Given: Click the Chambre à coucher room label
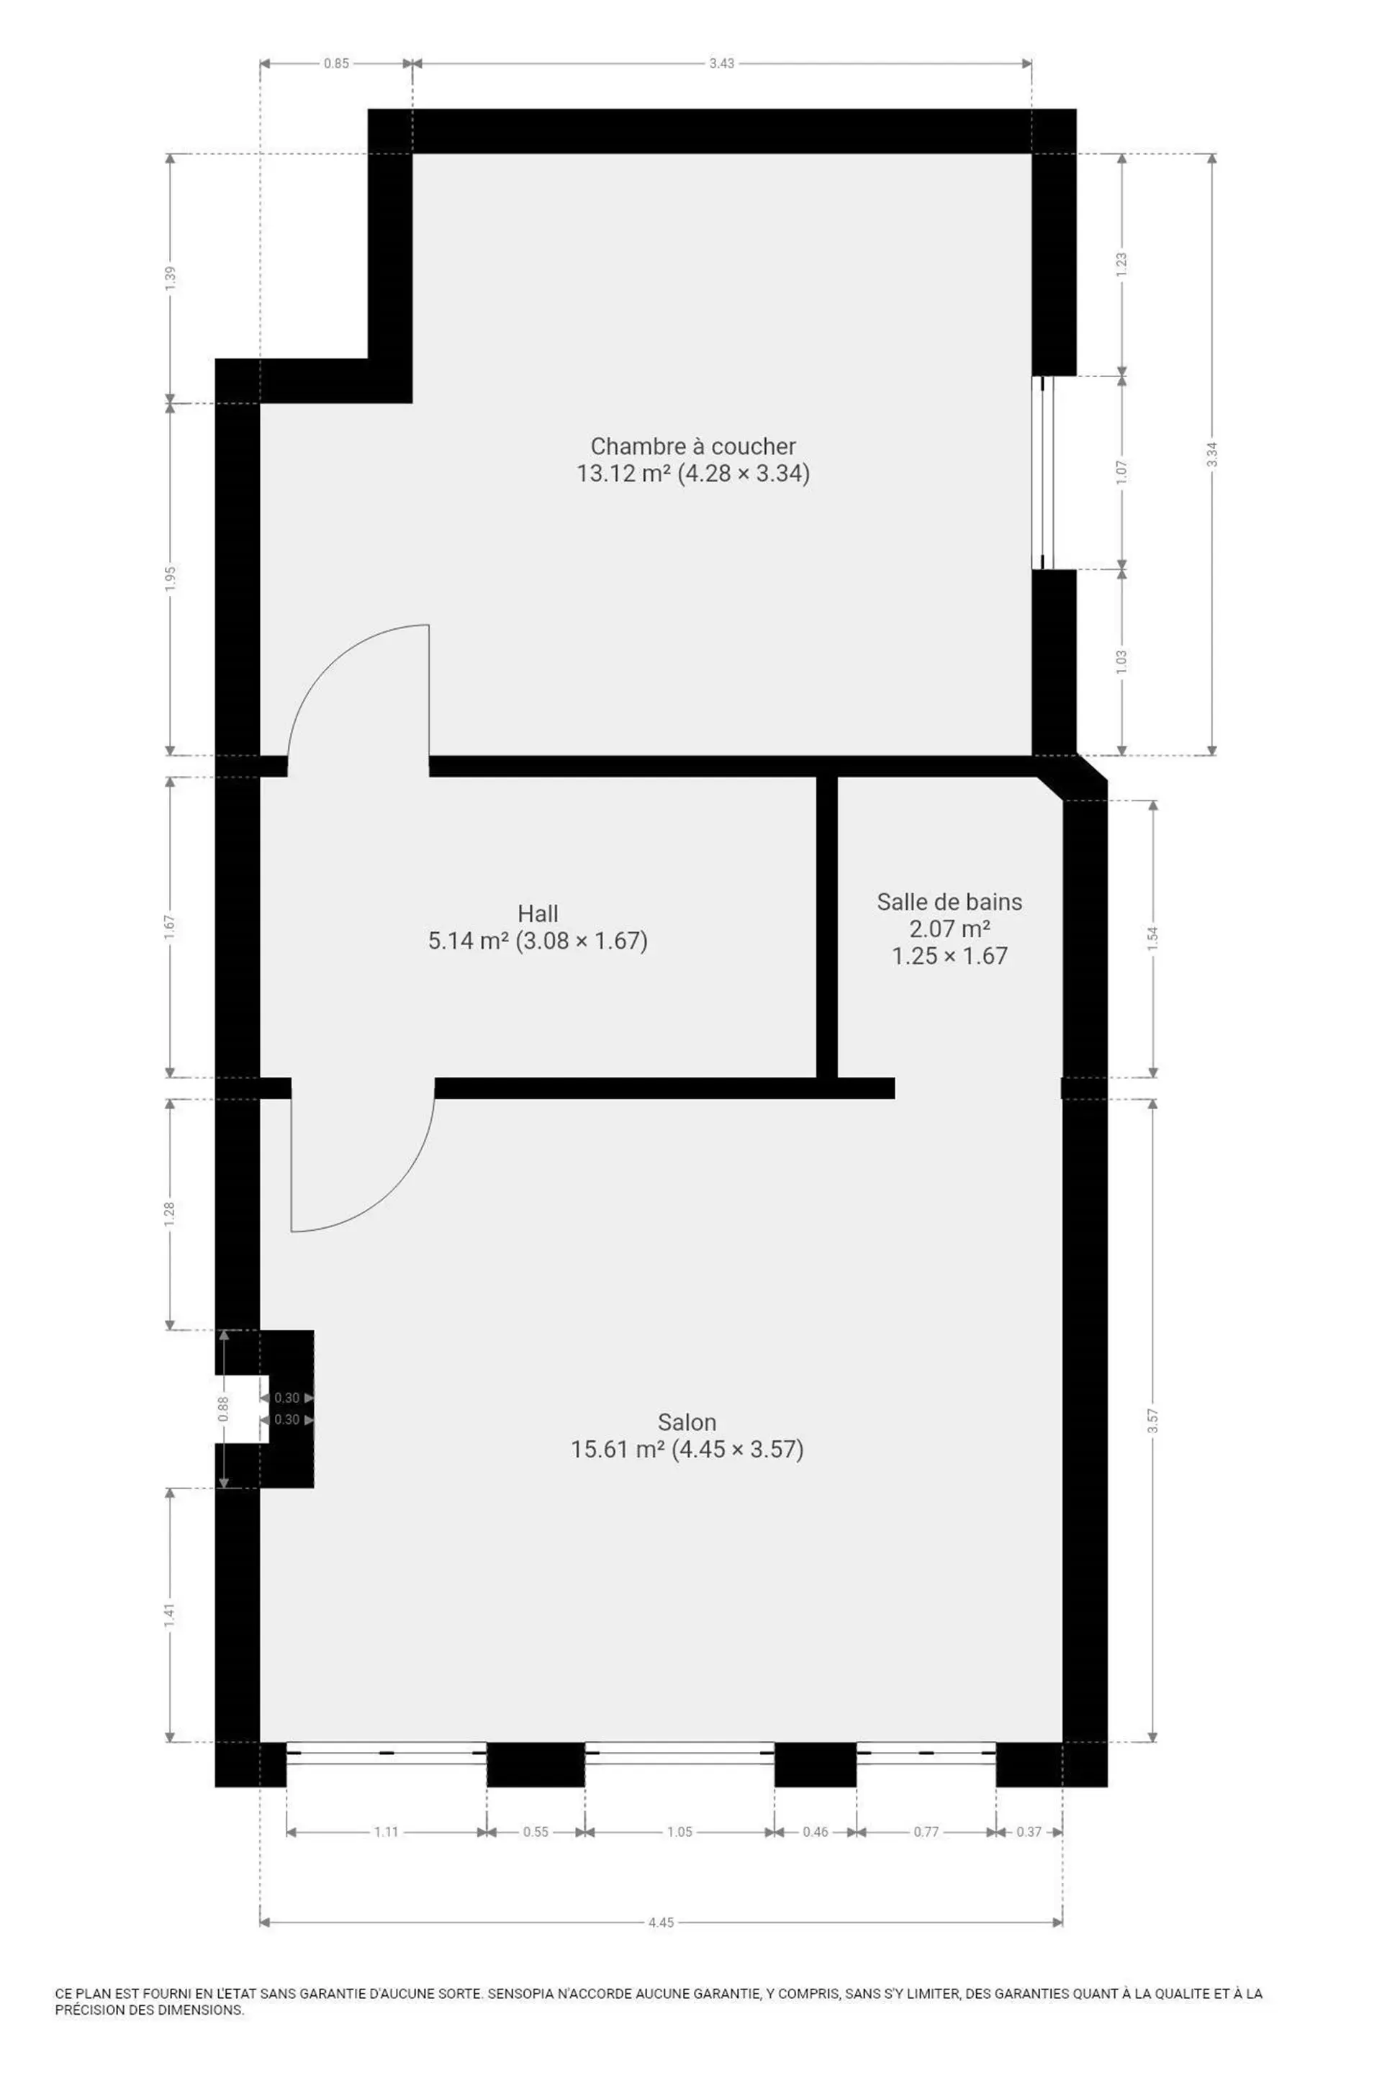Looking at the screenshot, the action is pos(692,446).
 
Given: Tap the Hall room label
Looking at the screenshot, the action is pos(538,913).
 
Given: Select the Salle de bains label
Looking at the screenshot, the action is pos(949,902).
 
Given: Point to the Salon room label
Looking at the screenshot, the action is pos(687,1422).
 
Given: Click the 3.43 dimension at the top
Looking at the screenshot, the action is pos(722,63).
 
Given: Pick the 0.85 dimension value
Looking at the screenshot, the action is pos(336,63).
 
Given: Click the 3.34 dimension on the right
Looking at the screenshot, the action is pos(1212,454).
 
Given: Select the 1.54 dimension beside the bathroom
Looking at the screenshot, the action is pos(1153,938).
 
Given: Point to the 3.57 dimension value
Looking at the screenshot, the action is pos(1153,1421).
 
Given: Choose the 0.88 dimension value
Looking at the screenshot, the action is pos(224,1409).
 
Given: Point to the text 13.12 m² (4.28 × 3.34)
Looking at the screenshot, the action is pos(692,474).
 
